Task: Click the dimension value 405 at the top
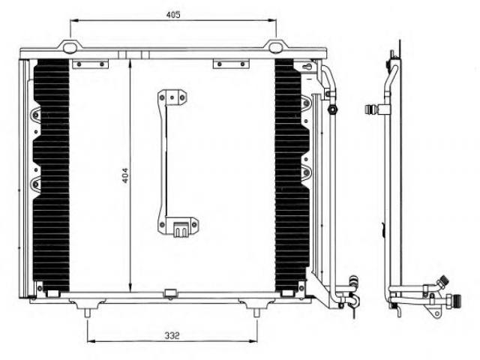click(x=173, y=14)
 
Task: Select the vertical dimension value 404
click(x=125, y=175)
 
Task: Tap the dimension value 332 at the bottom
click(x=172, y=335)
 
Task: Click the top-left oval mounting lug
click(x=70, y=47)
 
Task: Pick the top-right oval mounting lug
click(x=275, y=47)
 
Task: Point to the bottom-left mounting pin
click(x=88, y=313)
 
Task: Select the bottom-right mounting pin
click(x=256, y=313)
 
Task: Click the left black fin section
click(x=51, y=175)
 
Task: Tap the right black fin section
click(x=292, y=175)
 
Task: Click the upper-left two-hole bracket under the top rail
click(x=90, y=64)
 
